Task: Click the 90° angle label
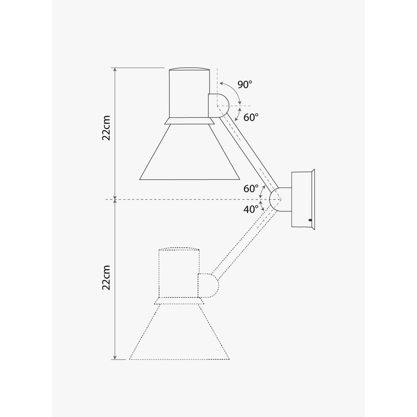click(x=245, y=85)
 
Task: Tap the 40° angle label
click(x=251, y=210)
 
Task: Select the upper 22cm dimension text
click(x=106, y=128)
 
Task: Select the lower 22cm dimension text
click(x=106, y=278)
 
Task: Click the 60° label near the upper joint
click(x=251, y=117)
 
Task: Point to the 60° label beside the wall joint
click(x=251, y=189)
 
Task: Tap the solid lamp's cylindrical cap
click(x=189, y=93)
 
